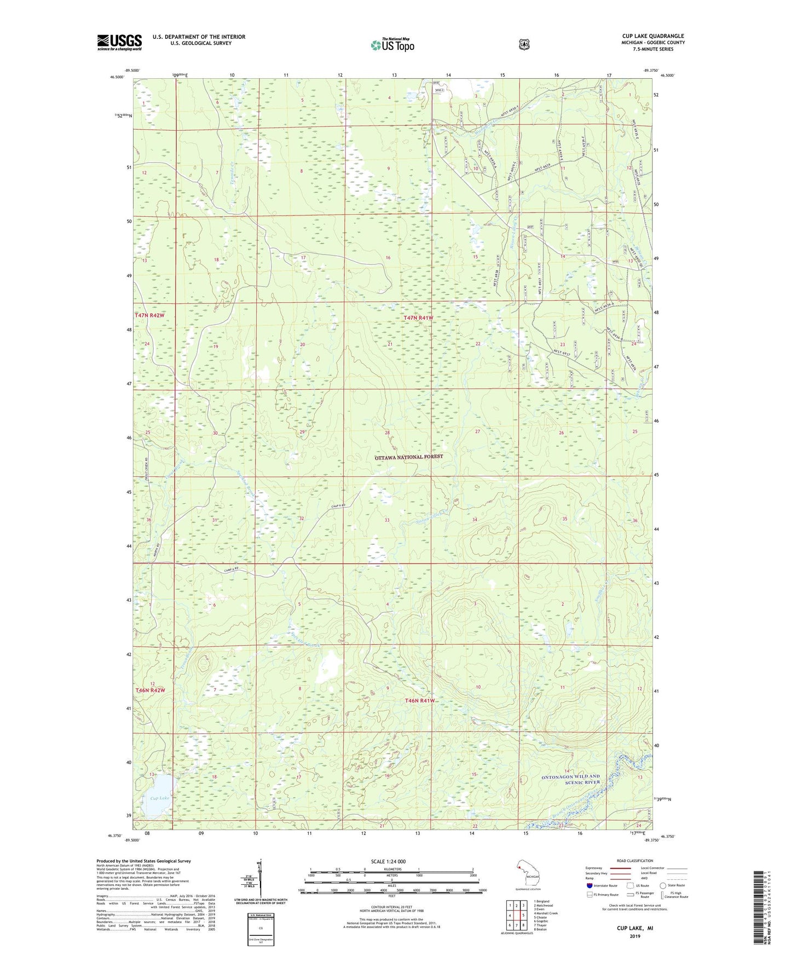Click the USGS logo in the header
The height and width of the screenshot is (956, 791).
pos(119,42)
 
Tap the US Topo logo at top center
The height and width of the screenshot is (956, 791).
pos(392,45)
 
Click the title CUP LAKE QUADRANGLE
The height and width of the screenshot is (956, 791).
pos(653,36)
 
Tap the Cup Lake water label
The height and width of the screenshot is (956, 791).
pos(160,798)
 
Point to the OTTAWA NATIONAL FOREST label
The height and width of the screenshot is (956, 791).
pos(408,457)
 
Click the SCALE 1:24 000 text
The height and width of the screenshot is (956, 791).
pos(388,861)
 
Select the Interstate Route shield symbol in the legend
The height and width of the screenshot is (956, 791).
pos(589,885)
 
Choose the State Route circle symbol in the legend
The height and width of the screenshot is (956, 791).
pos(663,885)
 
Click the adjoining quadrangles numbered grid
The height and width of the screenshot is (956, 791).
pos(516,915)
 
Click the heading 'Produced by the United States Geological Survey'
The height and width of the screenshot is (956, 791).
pos(143,861)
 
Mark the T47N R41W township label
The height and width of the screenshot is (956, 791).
pos(418,318)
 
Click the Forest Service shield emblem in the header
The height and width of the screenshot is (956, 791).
pos(524,44)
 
